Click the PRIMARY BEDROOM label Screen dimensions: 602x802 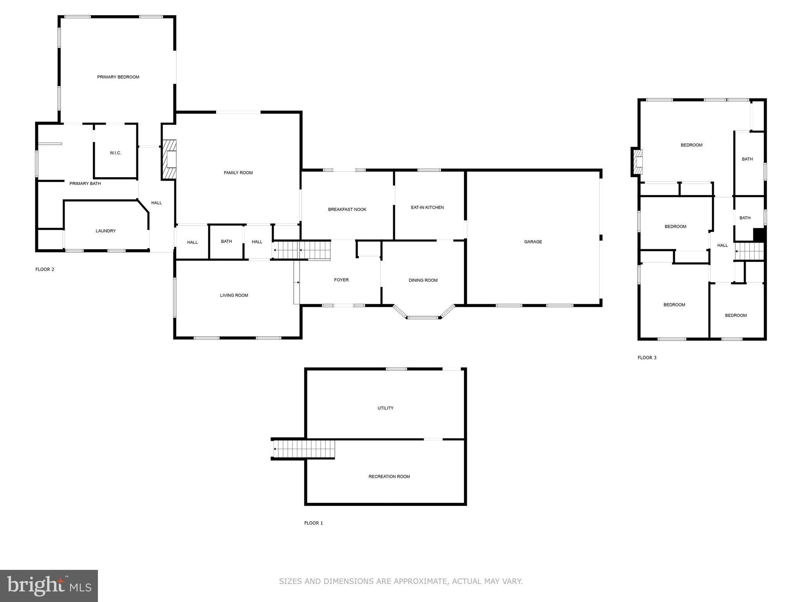click(x=118, y=77)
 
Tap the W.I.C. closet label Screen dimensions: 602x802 click(x=115, y=153)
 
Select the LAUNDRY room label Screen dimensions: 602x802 click(x=106, y=231)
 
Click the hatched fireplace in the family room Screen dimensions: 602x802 click(x=170, y=160)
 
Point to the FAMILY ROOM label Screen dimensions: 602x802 click(x=238, y=173)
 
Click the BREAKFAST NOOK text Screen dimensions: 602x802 click(x=347, y=210)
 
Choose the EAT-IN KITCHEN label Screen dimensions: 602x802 click(x=427, y=208)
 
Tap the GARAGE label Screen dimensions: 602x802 click(x=533, y=242)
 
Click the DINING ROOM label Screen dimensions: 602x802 click(x=423, y=281)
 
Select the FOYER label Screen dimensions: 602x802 click(x=341, y=280)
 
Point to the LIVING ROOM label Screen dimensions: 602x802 click(x=234, y=296)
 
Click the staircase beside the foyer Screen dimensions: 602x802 click(x=302, y=250)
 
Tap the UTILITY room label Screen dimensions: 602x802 click(x=385, y=408)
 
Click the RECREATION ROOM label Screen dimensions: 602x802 click(x=389, y=477)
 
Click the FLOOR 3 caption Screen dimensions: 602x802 click(x=647, y=358)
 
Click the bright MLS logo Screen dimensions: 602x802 click(x=49, y=586)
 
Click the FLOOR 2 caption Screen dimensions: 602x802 click(x=45, y=270)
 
